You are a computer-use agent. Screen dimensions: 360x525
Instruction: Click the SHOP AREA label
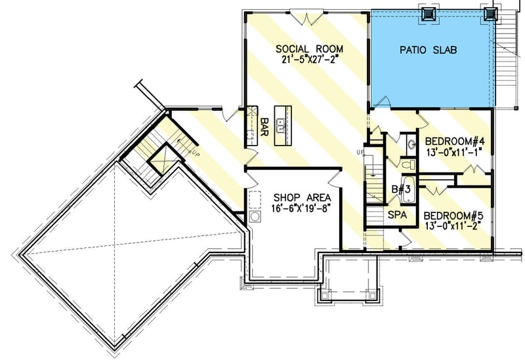(302, 197)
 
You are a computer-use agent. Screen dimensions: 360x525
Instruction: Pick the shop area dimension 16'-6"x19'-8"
(302, 208)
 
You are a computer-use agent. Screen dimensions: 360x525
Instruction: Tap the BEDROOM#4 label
(455, 142)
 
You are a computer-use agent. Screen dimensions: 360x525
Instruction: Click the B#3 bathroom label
(402, 190)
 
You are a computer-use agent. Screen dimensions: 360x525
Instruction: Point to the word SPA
(396, 214)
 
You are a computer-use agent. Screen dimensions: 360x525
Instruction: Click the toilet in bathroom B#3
(406, 165)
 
